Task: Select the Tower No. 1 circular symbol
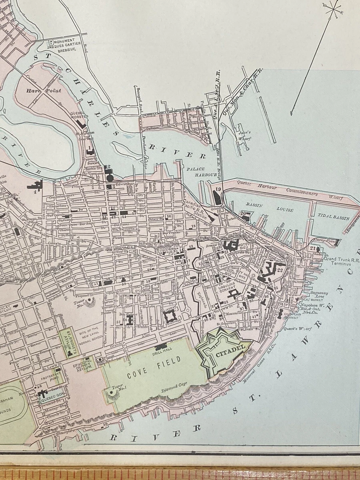pos(112,394)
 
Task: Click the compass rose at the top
pos(333,9)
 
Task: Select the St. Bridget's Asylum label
pos(69,341)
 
